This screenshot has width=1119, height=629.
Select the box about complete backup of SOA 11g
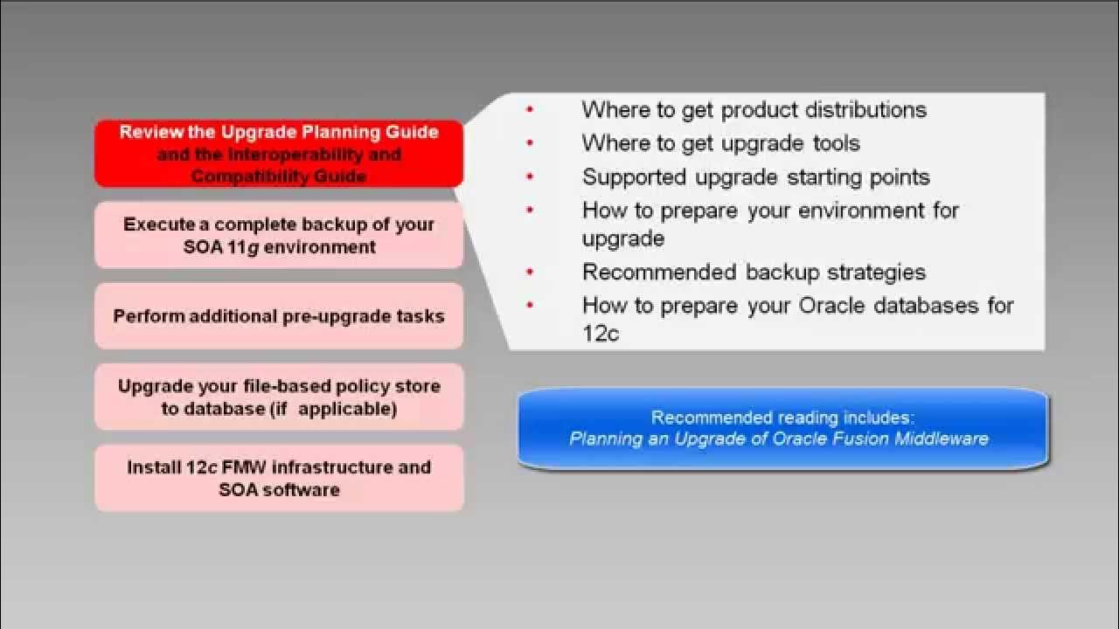coord(278,235)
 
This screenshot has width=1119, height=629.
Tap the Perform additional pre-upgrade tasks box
coord(278,315)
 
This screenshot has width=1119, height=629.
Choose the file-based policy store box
coord(278,397)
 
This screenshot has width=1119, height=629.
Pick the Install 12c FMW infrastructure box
coord(278,478)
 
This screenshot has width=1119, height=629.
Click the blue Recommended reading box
coord(782,428)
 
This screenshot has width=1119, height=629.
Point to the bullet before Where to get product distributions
coord(530,110)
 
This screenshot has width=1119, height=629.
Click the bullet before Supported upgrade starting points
coord(530,177)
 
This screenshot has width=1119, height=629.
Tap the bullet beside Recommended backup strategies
coord(530,273)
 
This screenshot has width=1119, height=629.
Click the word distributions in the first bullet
coord(865,110)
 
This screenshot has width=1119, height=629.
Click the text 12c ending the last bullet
coord(601,333)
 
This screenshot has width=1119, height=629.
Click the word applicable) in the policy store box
coord(347,409)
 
